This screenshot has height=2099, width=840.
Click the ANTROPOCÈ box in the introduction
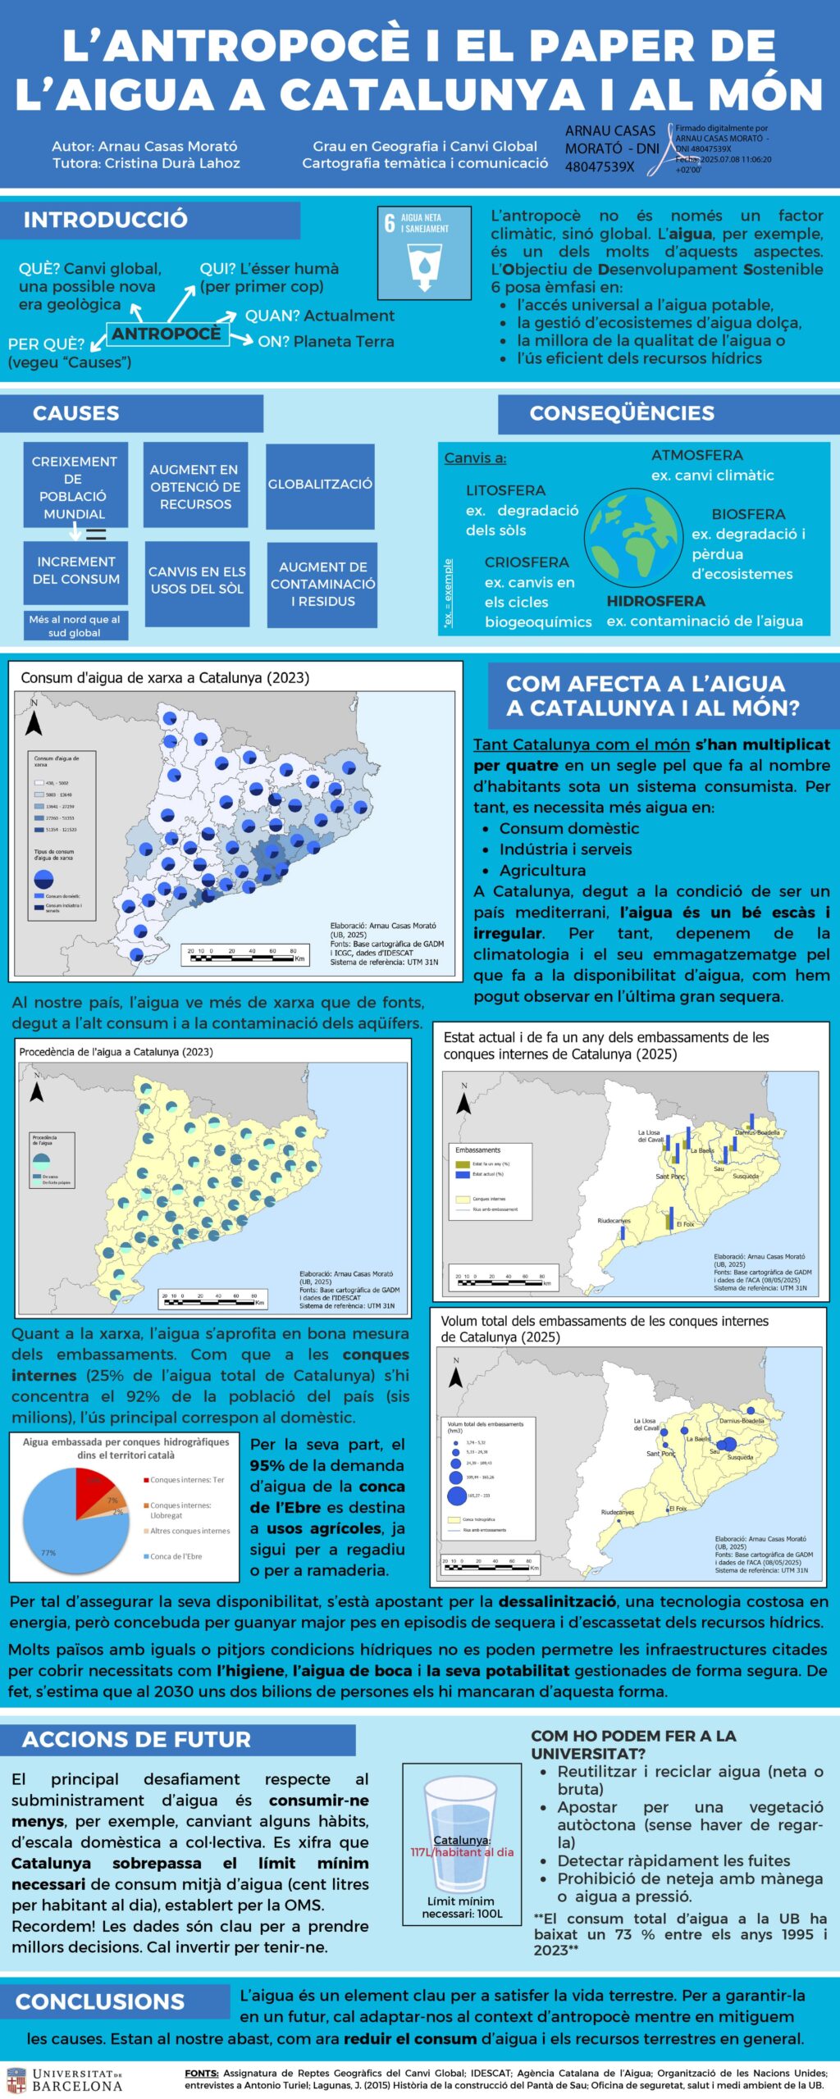pyautogui.click(x=167, y=334)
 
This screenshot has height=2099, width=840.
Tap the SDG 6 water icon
pyautogui.click(x=423, y=253)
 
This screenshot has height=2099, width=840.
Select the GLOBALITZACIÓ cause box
pyautogui.click(x=320, y=485)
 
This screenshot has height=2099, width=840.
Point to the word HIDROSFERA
pyautogui.click(x=655, y=601)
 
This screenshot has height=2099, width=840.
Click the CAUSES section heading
pyautogui.click(x=76, y=413)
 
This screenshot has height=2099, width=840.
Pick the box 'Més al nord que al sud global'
pyautogui.click(x=75, y=626)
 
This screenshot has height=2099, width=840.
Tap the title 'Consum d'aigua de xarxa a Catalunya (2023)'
pyautogui.click(x=165, y=678)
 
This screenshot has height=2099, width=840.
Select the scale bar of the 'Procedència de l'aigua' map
pyautogui.click(x=212, y=1299)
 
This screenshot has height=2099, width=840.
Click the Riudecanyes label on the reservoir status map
pyautogui.click(x=614, y=1221)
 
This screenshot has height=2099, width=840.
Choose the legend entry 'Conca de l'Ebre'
pyautogui.click(x=176, y=1556)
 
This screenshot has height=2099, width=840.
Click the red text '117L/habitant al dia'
pyautogui.click(x=462, y=1852)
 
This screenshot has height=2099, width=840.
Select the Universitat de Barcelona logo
pyautogui.click(x=64, y=2080)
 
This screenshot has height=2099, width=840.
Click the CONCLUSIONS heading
pyautogui.click(x=100, y=2001)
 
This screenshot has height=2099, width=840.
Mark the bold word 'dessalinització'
pyautogui.click(x=557, y=1601)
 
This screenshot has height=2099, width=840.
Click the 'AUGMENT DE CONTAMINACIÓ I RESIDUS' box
pyautogui.click(x=322, y=584)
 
